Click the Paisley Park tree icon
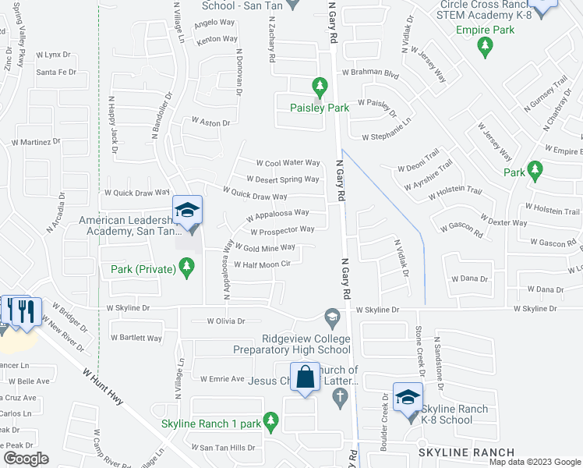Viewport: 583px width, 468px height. (318, 85)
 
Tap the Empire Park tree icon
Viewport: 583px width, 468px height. (485, 47)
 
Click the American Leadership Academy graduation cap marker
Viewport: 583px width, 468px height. (186, 211)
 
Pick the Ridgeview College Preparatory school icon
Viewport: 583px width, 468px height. (331, 317)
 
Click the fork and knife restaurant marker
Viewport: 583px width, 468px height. (26, 311)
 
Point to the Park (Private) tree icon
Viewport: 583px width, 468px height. (185, 269)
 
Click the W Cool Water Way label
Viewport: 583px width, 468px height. (288, 162)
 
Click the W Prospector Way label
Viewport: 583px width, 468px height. (281, 229)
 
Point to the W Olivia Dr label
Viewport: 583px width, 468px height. (226, 321)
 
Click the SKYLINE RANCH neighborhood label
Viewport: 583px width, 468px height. (467, 452)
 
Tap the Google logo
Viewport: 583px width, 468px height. (26, 458)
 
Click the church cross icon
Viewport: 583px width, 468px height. (338, 397)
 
